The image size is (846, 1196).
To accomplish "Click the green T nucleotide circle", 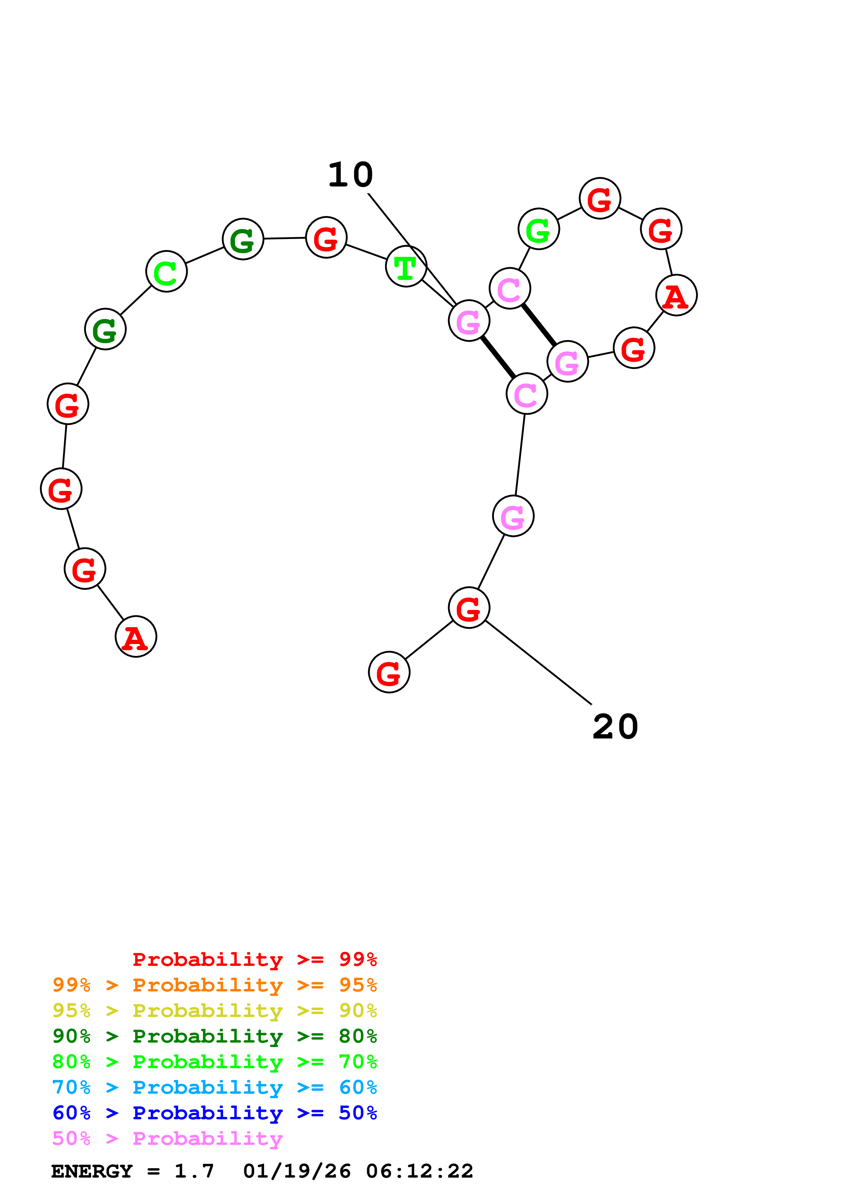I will pyautogui.click(x=406, y=266).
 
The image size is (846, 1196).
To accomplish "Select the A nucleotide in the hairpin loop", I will pyautogui.click(x=676, y=295).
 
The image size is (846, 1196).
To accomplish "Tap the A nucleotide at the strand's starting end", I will pyautogui.click(x=136, y=637).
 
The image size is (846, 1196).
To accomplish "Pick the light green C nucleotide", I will pyautogui.click(x=166, y=271).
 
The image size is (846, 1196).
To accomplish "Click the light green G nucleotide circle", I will pyautogui.click(x=539, y=229).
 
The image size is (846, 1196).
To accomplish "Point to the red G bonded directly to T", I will pyautogui.click(x=326, y=238).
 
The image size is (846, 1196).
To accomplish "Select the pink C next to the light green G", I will pyautogui.click(x=510, y=288).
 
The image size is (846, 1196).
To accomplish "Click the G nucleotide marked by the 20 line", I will pyautogui.click(x=469, y=608).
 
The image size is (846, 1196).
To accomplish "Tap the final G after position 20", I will pyautogui.click(x=389, y=672).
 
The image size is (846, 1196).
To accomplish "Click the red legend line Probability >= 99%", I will pyautogui.click(x=254, y=959).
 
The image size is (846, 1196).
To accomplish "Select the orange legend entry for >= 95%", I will pyautogui.click(x=214, y=985).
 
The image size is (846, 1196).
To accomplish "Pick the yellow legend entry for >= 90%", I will pyautogui.click(x=214, y=1011).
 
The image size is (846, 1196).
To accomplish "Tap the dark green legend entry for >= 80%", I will pyautogui.click(x=214, y=1036).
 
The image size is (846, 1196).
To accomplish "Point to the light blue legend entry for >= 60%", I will pyautogui.click(x=214, y=1087).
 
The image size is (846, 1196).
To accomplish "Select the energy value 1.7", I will pyautogui.click(x=194, y=1171).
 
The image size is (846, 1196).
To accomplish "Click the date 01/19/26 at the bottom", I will pyautogui.click(x=297, y=1171).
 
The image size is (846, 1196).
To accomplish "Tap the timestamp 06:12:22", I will pyautogui.click(x=420, y=1171).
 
